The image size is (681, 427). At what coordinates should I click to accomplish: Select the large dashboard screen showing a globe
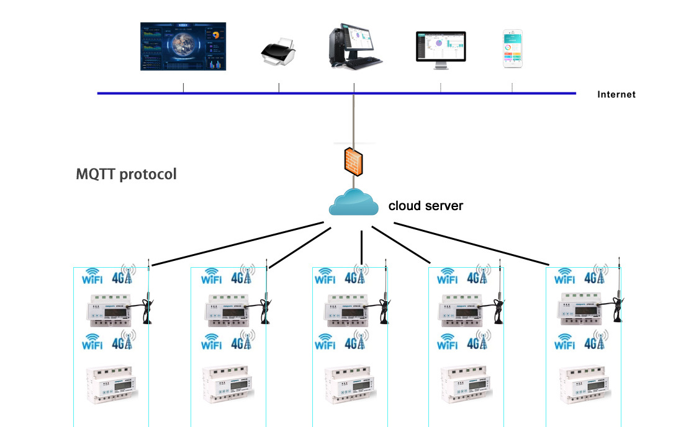pyautogui.click(x=183, y=46)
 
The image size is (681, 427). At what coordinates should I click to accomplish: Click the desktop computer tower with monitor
pyautogui.click(x=354, y=45)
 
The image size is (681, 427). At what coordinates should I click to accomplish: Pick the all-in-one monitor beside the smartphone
pyautogui.click(x=440, y=46)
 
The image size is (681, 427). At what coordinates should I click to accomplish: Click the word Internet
pyautogui.click(x=616, y=95)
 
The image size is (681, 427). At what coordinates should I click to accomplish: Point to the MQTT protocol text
pyautogui.click(x=126, y=174)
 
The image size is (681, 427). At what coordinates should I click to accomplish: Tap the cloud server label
pyautogui.click(x=425, y=206)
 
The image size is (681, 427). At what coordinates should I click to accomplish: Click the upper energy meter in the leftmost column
pyautogui.click(x=112, y=309)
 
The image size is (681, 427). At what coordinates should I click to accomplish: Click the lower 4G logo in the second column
pyautogui.click(x=243, y=341)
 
